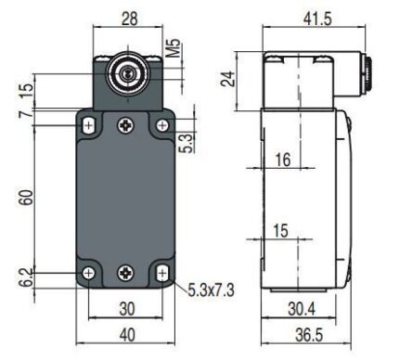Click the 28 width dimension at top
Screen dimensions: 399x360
(x=129, y=19)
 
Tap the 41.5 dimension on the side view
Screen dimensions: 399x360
(x=317, y=19)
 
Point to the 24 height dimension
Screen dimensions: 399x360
(x=227, y=79)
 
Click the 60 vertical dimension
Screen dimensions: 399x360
(x=27, y=198)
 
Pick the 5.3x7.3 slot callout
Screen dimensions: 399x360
(x=212, y=290)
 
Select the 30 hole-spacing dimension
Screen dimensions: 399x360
(x=127, y=309)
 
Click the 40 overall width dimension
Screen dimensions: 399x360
(x=127, y=335)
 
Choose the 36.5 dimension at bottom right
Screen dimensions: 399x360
(x=309, y=335)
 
